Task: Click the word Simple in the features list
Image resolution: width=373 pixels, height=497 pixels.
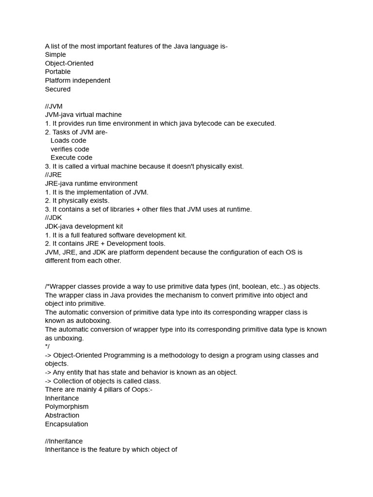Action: click(x=55, y=55)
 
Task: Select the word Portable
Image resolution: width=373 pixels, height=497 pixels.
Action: click(x=58, y=72)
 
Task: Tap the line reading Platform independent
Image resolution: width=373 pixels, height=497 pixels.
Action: click(x=78, y=81)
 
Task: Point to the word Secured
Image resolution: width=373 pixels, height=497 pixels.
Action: click(x=58, y=89)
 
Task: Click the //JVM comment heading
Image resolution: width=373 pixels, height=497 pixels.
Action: click(x=54, y=106)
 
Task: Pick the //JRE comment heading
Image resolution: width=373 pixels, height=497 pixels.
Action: click(x=53, y=175)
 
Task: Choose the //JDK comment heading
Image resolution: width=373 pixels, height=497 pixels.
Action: click(x=53, y=218)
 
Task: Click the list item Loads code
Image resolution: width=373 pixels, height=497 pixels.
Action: click(x=68, y=141)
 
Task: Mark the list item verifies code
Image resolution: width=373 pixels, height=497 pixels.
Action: click(x=70, y=149)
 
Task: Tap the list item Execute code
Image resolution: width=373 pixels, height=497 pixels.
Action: click(x=71, y=158)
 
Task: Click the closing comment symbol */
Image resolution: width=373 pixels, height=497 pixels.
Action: click(x=47, y=347)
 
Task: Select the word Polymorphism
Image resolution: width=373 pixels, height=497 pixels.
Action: click(x=67, y=407)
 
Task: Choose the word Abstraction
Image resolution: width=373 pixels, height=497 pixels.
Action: click(x=62, y=415)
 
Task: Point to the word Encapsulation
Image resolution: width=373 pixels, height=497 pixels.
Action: click(x=67, y=424)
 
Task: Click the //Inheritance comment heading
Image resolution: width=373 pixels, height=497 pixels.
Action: click(x=64, y=441)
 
